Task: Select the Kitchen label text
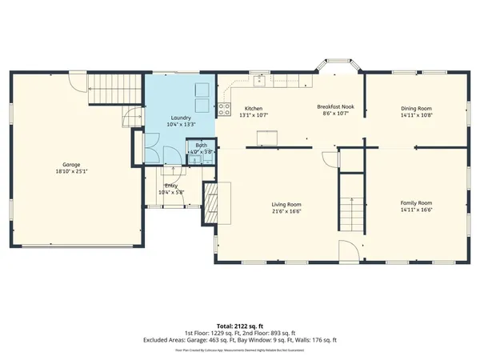coord(254,108)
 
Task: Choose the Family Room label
coord(416,203)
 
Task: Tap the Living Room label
coord(286,204)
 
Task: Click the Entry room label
coord(171,186)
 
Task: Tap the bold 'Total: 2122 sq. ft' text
coord(240,326)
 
